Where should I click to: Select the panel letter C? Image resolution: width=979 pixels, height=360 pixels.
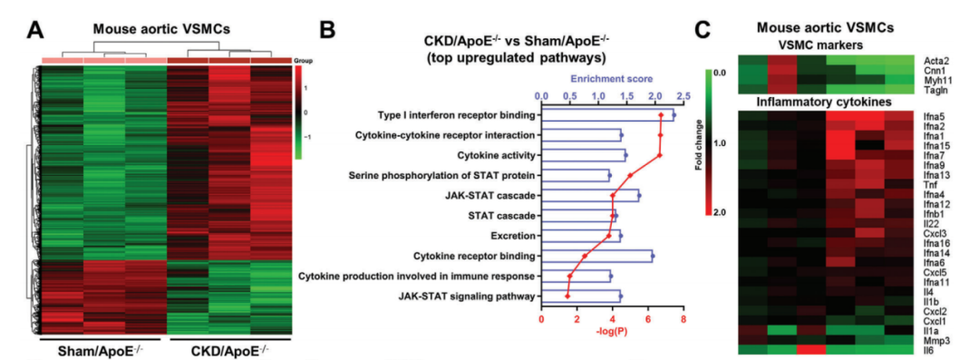[703, 29]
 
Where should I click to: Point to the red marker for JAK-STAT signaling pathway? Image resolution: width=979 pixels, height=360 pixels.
[567, 297]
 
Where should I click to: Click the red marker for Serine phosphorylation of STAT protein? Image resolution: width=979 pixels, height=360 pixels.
[631, 176]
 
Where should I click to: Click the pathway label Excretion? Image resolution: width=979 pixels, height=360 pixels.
[514, 236]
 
